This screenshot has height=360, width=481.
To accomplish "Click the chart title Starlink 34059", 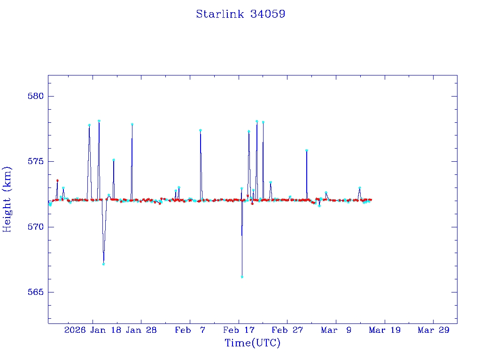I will point(240,14).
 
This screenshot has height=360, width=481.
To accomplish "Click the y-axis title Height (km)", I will point(7,199).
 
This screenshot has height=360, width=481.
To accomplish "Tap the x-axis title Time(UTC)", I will point(252,343).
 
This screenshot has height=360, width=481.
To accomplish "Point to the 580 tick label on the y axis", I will point(36,96).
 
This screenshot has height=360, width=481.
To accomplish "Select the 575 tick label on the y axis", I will point(36,161).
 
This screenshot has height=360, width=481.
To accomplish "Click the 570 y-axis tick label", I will point(36,227).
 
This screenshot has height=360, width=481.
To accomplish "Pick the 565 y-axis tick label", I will point(36,292).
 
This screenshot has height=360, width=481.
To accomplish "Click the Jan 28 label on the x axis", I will point(141,330).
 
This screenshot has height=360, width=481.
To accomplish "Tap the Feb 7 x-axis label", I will point(190,330).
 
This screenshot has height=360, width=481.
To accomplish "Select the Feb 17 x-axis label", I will point(239,330).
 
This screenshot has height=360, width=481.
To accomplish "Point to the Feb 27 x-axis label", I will point(287,330).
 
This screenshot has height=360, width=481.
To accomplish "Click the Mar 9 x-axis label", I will point(336,330).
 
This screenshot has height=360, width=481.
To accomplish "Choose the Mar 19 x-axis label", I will point(385,330).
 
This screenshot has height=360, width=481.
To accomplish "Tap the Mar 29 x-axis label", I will point(434,330).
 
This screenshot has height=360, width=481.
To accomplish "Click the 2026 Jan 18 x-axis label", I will point(93,330).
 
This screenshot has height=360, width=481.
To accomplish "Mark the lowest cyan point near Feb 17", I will point(242,277).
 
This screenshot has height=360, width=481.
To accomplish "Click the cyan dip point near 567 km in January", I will point(103,264).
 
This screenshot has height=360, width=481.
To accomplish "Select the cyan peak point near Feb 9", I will point(201,130).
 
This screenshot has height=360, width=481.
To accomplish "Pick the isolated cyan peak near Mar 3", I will point(306,150).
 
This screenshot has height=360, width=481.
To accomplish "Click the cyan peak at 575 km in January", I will point(114,160).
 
